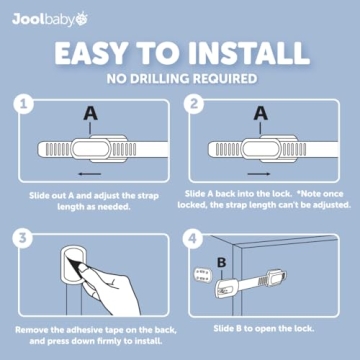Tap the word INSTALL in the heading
[251, 51]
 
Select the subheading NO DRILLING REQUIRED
[180, 76]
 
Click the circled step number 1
[26, 103]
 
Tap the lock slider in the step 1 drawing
[88, 150]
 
